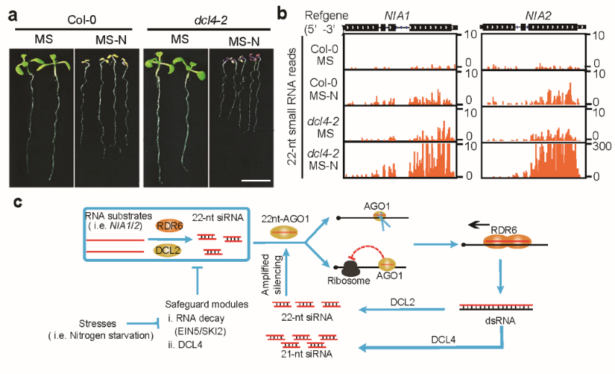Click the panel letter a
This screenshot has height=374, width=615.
[x=13, y=16]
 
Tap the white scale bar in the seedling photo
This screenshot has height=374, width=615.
[x=256, y=181]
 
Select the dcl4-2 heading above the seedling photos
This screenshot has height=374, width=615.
[x=210, y=20]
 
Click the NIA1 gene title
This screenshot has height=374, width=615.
[x=397, y=16]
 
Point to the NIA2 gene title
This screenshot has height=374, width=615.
[x=538, y=16]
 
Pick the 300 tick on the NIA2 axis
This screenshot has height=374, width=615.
[x=601, y=147]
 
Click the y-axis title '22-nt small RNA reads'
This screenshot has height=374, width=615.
[x=292, y=107]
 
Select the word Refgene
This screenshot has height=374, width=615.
[x=326, y=16]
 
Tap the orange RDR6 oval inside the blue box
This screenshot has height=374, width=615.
[x=169, y=226]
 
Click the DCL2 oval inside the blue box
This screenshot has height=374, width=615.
[x=168, y=250]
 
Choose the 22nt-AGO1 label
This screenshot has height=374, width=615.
[x=285, y=219]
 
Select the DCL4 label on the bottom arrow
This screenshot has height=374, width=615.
[x=443, y=339]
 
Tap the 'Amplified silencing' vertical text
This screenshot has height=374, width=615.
[x=271, y=275]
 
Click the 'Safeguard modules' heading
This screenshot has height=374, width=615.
[x=207, y=304]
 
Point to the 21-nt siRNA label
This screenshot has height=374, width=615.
[x=307, y=354]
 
